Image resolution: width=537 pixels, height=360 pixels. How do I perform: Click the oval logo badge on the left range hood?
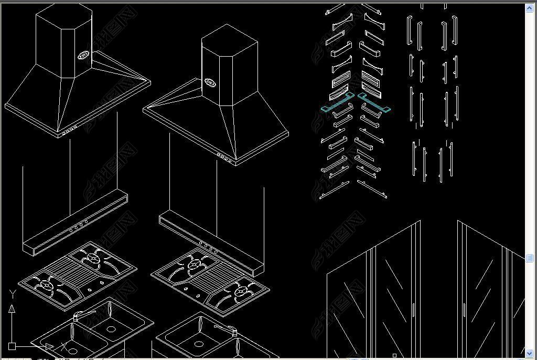(x=84, y=55)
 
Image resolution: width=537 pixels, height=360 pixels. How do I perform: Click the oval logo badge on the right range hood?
(x=210, y=82)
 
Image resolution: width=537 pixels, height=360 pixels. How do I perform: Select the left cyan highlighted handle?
(x=338, y=103)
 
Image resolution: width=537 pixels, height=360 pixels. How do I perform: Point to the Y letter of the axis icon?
(x=12, y=294)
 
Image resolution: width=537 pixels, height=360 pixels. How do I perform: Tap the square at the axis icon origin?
(x=12, y=346)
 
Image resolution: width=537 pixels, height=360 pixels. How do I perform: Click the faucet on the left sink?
(x=79, y=316)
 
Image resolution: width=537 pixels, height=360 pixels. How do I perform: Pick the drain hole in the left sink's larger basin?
(x=111, y=329)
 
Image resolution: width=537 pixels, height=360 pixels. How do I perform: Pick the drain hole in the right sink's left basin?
(x=198, y=344)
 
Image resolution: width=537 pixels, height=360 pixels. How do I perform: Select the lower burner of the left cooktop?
(x=47, y=285)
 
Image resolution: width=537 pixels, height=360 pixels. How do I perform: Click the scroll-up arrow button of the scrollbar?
(x=529, y=8)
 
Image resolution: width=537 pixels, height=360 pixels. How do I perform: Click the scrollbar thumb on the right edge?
(x=529, y=258)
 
